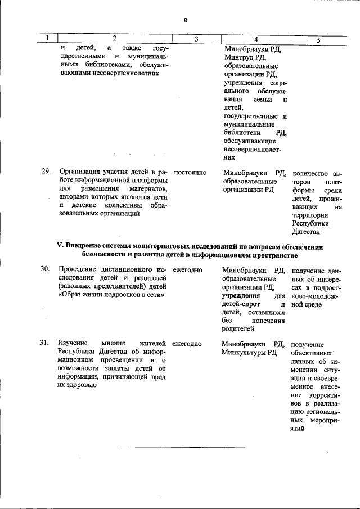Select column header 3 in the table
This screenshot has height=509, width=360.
(x=196, y=39)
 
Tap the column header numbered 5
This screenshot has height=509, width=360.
(x=318, y=40)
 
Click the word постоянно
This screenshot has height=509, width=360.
(x=191, y=173)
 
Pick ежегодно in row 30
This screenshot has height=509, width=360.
(x=187, y=269)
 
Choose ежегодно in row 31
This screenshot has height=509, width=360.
(x=187, y=344)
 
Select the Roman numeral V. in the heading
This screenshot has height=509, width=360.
(x=61, y=245)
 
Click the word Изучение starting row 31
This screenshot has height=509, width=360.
(x=73, y=344)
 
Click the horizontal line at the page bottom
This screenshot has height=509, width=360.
(x=181, y=448)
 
